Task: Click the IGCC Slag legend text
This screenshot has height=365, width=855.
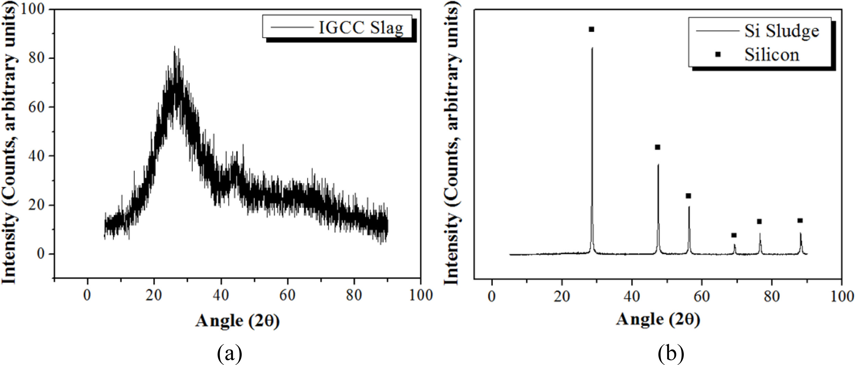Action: pos(361,28)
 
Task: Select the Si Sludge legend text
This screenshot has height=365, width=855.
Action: pos(782,31)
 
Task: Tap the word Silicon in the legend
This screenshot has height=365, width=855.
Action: pos(772,54)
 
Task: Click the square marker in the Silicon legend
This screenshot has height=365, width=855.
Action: pos(718,54)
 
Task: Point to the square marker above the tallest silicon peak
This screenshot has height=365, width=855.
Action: pos(591,29)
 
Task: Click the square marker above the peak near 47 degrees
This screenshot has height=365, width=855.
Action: pos(657,147)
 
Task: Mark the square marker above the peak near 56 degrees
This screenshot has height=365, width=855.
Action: pos(688,196)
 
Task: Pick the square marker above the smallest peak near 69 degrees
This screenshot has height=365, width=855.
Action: pos(734,235)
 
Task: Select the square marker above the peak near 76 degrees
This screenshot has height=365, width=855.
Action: pos(759,222)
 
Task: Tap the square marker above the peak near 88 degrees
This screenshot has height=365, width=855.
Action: pos(800,221)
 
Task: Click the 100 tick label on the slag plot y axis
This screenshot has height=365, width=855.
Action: pos(33,9)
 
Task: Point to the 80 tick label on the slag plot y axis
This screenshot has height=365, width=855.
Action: pos(37,58)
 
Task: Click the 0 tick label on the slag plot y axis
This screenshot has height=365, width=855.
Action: pos(41,254)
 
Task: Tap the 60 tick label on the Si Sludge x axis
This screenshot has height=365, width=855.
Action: pos(702,296)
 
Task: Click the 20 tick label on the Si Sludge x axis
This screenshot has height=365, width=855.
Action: pos(562,296)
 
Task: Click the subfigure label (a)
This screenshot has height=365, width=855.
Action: pos(230,354)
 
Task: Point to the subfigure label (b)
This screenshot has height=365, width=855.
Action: pos(670,354)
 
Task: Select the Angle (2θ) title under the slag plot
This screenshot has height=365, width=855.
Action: pos(237,321)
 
